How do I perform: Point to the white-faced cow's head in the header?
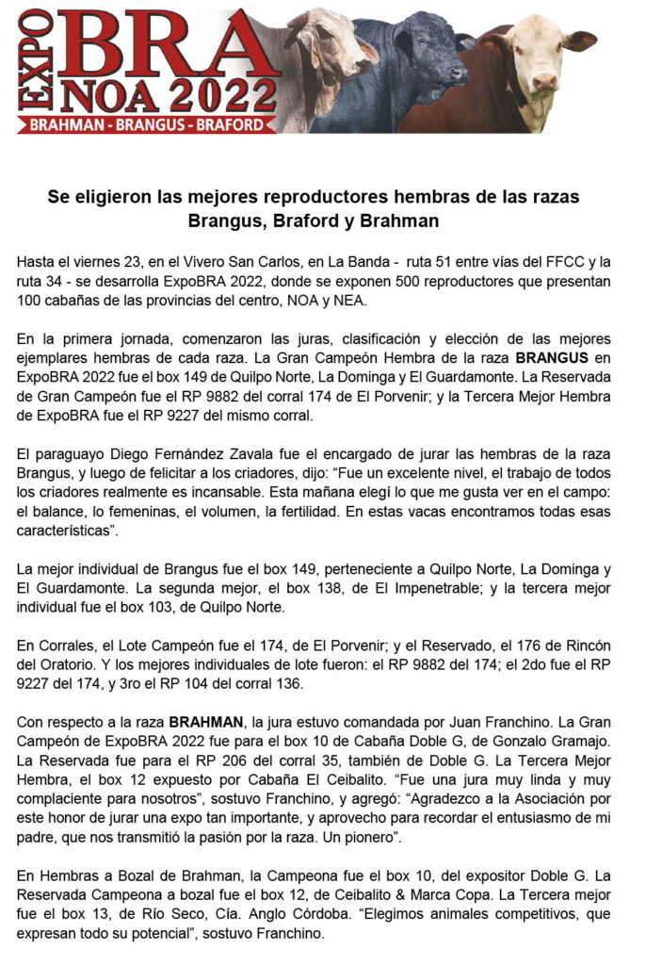point(545,57)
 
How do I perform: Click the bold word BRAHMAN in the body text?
point(207,723)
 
